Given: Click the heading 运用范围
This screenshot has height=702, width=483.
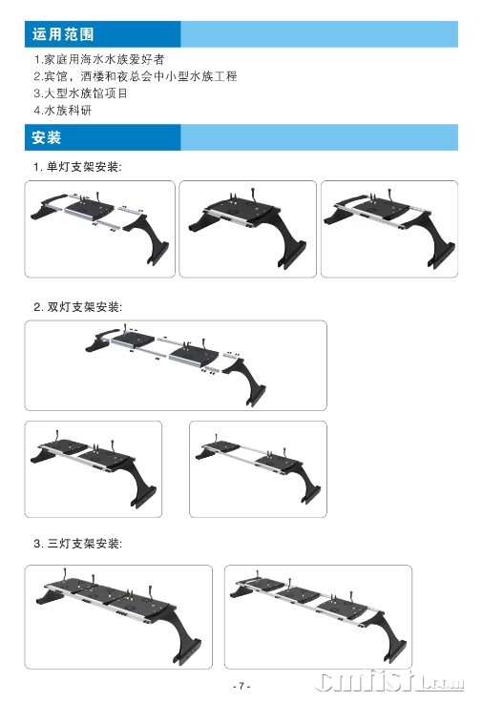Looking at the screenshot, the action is coord(63,34).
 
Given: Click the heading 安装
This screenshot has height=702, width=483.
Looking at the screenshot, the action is coord(46,137).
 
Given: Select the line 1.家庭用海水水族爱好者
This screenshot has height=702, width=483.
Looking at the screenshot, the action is coord(99,59).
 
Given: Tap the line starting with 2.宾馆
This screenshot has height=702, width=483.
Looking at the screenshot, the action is coord(136,76).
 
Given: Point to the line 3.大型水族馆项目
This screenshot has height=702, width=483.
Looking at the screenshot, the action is coord(80,93).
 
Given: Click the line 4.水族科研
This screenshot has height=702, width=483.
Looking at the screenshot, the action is coord(63,110).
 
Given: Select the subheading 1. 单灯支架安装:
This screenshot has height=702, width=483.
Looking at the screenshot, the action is coord(77,167).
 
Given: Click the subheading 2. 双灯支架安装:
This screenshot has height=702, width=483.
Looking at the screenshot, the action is coord(77,307).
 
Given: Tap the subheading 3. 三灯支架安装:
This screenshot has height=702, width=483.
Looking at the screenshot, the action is coord(77,544).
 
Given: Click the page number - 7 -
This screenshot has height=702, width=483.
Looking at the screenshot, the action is coord(241,686).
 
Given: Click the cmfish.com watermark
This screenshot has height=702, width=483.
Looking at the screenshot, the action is coord(388,681).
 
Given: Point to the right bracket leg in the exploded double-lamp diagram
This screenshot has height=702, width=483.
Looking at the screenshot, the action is coord(246,382).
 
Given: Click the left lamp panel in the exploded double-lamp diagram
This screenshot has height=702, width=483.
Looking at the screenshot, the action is coord(133,339).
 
